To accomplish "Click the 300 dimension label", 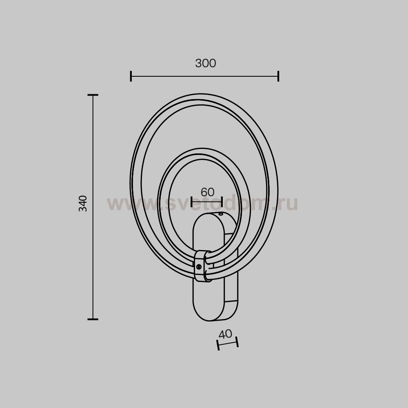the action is click(206, 63).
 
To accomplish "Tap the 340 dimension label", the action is click(83, 204).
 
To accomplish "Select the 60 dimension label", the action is click(207, 192).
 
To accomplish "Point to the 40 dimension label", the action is click(225, 334).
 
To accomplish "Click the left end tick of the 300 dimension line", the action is click(131, 76).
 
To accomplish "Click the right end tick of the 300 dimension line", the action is click(278, 76).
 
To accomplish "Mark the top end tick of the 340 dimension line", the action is click(93, 95).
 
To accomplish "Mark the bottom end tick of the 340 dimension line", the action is click(93, 319).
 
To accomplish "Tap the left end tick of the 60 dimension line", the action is click(192, 202).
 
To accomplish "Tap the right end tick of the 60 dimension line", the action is click(222, 202).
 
